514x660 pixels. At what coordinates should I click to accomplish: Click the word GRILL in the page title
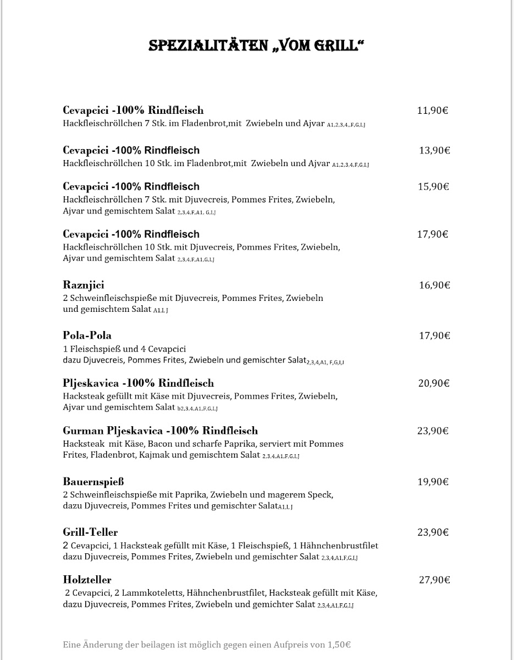(x=334, y=46)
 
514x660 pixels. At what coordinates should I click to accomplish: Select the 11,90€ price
(x=433, y=111)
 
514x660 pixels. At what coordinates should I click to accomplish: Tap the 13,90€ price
(x=434, y=150)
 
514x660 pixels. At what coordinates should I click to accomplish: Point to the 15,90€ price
(x=434, y=186)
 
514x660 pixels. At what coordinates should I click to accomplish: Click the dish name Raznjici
(x=84, y=285)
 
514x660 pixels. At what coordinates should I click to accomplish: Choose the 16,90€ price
(x=434, y=285)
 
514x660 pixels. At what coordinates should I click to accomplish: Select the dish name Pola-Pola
(x=87, y=335)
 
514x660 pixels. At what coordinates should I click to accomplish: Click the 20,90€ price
(x=434, y=383)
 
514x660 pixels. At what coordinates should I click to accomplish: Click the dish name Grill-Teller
(x=90, y=532)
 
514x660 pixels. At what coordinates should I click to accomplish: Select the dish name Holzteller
(x=87, y=580)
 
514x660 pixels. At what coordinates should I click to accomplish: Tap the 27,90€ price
(x=434, y=580)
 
